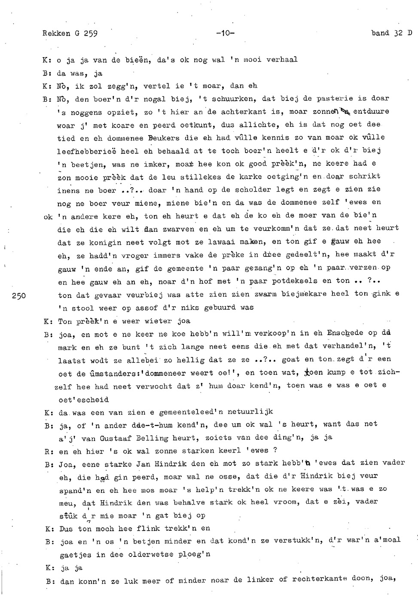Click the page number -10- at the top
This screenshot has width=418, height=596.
pyautogui.click(x=225, y=33)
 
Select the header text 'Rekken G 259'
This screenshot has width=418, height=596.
pyautogui.click(x=70, y=33)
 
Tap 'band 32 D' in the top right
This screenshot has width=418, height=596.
pyautogui.click(x=391, y=33)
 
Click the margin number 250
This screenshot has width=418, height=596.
pyautogui.click(x=20, y=295)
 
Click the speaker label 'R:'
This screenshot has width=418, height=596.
pyautogui.click(x=48, y=451)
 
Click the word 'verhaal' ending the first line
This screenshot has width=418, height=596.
pyautogui.click(x=282, y=60)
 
